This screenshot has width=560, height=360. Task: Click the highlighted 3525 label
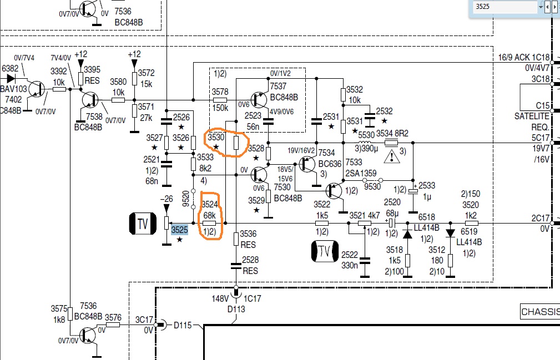tap(179, 230)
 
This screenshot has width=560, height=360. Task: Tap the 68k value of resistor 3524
tap(210, 215)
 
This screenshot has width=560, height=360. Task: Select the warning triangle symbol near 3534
tap(392, 157)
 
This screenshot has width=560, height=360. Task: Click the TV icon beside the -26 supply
tap(143, 224)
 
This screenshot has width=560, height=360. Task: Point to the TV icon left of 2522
tap(325, 251)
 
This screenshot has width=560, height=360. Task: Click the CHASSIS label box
tap(540, 312)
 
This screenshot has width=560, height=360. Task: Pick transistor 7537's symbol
tap(259, 100)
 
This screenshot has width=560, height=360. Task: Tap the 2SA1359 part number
tap(361, 174)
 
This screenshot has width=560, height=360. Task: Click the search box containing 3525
tap(505, 7)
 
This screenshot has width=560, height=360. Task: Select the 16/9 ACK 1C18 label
tap(524, 58)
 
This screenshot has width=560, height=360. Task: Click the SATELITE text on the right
tap(532, 116)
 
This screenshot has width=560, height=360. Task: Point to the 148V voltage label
tap(220, 298)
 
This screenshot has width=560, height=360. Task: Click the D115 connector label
tap(183, 325)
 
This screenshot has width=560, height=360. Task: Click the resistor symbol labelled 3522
tap(322, 224)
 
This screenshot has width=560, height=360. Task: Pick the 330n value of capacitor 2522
tap(349, 266)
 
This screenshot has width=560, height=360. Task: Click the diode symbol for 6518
tap(407, 234)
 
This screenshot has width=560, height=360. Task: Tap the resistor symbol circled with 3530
tap(236, 143)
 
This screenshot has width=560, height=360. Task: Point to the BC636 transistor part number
tap(330, 164)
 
